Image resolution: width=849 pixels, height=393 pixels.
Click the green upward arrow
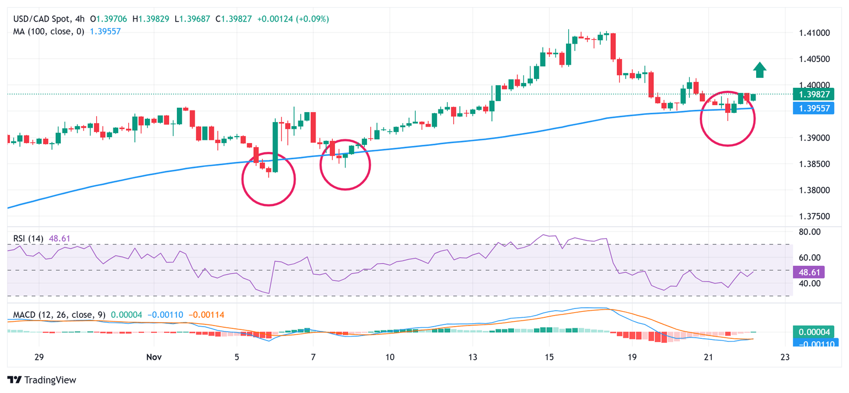tap(760, 70)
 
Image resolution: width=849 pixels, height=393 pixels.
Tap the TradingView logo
tap(41, 380)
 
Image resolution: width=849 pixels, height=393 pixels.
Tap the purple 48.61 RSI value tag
tap(809, 272)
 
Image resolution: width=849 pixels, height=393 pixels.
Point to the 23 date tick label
tap(785, 358)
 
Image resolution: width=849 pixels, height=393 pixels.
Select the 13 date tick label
tap(472, 358)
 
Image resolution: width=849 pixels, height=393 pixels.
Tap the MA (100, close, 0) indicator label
tap(49, 32)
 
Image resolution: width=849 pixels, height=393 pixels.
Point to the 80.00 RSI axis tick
tap(810, 232)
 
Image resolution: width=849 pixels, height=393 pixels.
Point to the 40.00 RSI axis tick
tap(810, 284)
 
